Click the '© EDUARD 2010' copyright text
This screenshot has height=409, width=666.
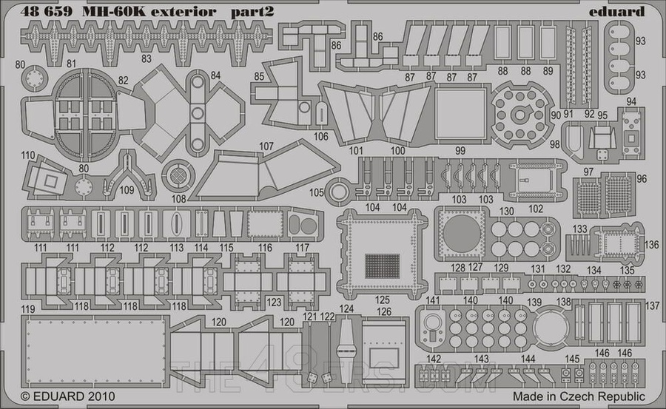click(x=58, y=397)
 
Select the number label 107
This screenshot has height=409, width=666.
click(x=266, y=146)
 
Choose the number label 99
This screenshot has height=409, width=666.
click(x=460, y=150)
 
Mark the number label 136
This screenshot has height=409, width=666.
click(x=650, y=246)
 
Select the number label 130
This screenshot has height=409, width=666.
click(x=506, y=212)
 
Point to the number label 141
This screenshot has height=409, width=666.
click(x=433, y=300)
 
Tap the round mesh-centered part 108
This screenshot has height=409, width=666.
click(x=178, y=175)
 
